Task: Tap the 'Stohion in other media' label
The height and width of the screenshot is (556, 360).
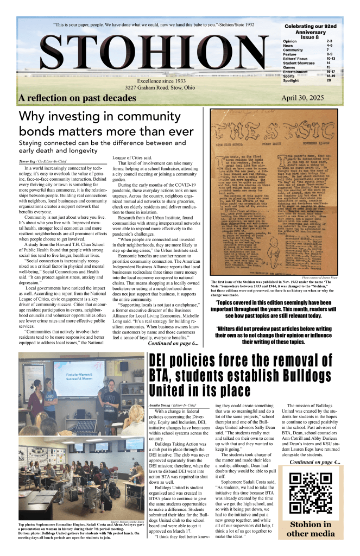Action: [x=310, y=528]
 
